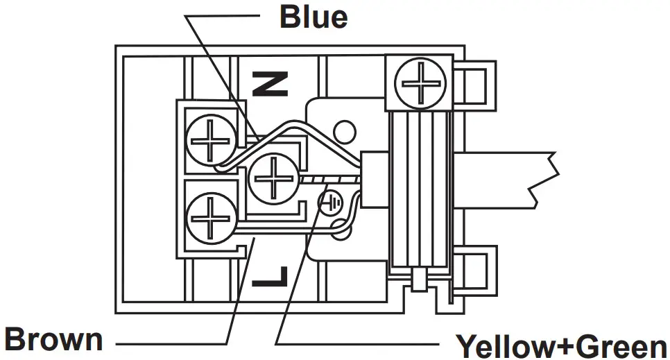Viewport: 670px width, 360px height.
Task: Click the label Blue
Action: (313, 17)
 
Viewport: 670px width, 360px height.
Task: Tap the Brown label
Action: (54, 340)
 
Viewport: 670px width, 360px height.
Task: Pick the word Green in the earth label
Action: (619, 345)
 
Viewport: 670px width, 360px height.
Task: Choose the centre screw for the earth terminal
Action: (274, 178)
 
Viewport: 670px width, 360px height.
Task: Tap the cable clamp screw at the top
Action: (419, 84)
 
